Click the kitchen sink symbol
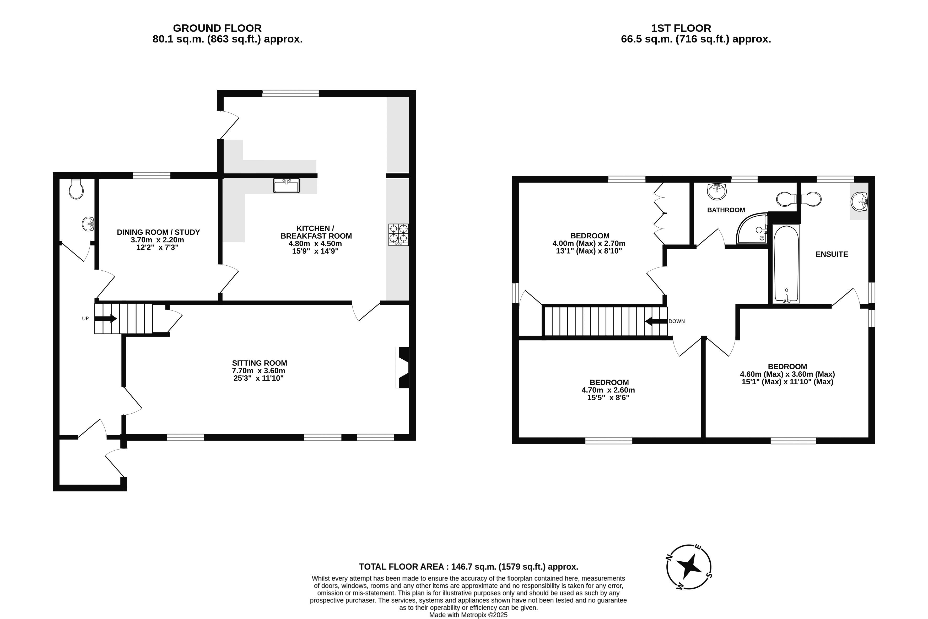(x=287, y=185)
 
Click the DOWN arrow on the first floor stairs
(x=656, y=321)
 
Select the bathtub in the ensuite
(x=786, y=264)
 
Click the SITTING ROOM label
(x=259, y=363)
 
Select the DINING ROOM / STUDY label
(x=158, y=232)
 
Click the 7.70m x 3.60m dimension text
(x=258, y=371)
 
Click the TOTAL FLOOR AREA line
(x=468, y=567)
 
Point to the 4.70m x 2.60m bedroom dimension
(x=608, y=390)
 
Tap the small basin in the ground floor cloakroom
(x=88, y=224)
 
